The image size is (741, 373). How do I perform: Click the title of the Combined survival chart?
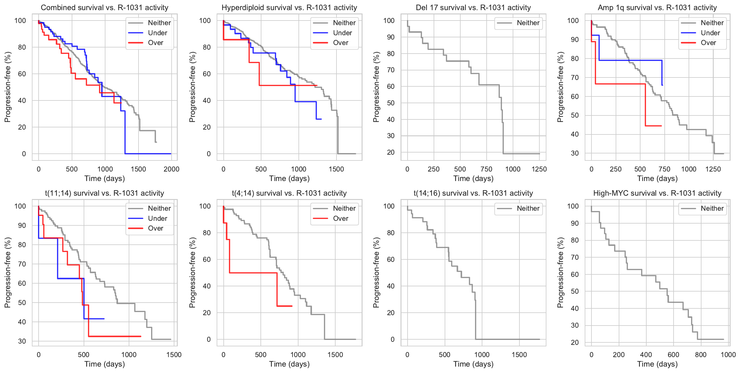click(x=104, y=7)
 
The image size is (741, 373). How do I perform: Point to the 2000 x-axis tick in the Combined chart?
click(x=171, y=169)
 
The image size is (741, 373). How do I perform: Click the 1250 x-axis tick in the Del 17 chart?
click(x=539, y=169)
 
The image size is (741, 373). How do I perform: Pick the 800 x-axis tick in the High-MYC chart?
click(x=701, y=355)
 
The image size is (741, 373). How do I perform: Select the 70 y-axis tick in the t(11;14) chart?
click(x=22, y=264)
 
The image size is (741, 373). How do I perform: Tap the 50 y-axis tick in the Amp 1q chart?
click(x=575, y=115)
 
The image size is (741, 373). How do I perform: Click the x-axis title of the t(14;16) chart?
click(x=473, y=364)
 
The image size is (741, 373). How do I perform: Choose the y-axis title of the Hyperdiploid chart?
click(x=192, y=87)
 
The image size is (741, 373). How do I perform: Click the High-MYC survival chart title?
click(x=657, y=193)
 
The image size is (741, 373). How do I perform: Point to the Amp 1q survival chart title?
click(x=657, y=7)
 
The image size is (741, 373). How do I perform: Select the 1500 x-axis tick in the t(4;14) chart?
click(x=335, y=355)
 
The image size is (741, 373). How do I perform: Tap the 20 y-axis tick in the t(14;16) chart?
click(x=391, y=313)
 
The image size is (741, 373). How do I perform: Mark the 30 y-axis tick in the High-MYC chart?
click(x=575, y=325)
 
